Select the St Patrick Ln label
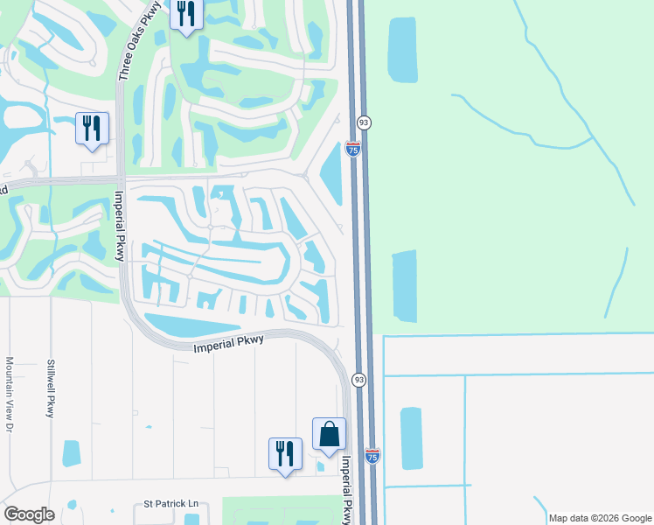pyautogui.click(x=171, y=505)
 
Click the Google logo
pyautogui.click(x=29, y=514)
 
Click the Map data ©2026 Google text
pyautogui.click(x=601, y=518)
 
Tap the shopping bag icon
pyautogui.click(x=329, y=434)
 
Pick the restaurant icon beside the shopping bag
pyautogui.click(x=285, y=453)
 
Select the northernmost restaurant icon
pyautogui.click(x=186, y=14)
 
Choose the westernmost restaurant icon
pyautogui.click(x=92, y=128)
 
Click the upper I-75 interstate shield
pyautogui.click(x=353, y=149)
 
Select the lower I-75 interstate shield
pyautogui.click(x=372, y=456)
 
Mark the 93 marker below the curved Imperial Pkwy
pyautogui.click(x=358, y=380)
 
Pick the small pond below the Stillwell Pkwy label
pyautogui.click(x=71, y=453)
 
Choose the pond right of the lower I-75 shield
pyautogui.click(x=411, y=438)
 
